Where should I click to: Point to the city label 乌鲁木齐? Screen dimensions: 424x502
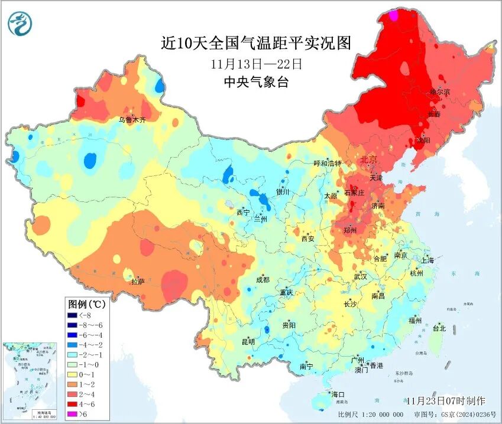coord(131,119)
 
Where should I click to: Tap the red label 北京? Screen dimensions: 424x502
coord(368,159)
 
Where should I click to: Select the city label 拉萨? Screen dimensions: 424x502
coord(138,282)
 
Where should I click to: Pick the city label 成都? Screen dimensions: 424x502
coord(263,280)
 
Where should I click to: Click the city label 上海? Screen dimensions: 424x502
coord(427,260)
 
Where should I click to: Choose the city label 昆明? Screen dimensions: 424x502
coord(248,341)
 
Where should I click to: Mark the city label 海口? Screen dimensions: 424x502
coord(338,394)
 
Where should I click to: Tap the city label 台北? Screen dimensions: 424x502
coord(439,328)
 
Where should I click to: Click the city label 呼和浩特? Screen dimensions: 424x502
coord(327,164)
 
